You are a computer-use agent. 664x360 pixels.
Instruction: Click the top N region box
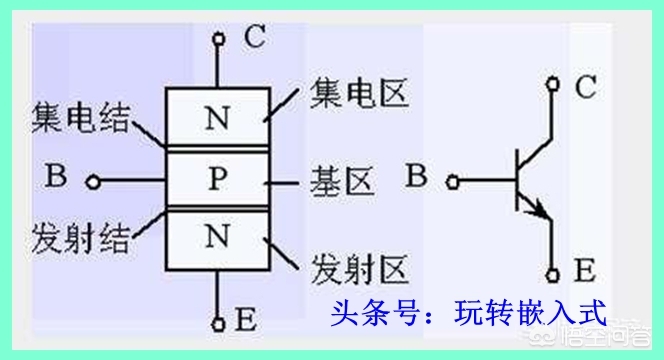coord(216,119)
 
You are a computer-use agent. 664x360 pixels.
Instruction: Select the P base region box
coord(217,181)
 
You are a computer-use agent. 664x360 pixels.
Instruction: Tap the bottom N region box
coord(216,238)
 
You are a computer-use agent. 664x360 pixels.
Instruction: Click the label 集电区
coord(349,97)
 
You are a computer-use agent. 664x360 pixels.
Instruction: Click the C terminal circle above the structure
coord(218,40)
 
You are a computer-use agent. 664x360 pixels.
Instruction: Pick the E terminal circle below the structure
coord(218,323)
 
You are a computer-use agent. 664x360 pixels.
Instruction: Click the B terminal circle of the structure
coord(92,182)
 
